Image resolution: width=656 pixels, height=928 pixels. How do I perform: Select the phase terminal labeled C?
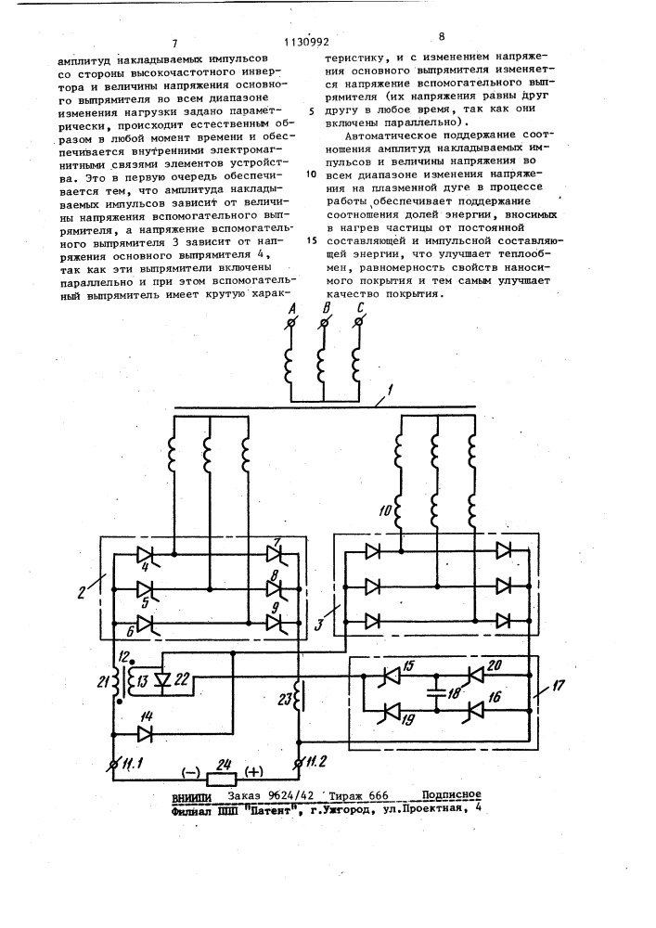pyautogui.click(x=359, y=324)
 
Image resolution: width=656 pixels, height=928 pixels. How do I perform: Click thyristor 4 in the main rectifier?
pyautogui.click(x=145, y=555)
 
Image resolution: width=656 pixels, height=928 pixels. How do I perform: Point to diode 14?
pyautogui.click(x=145, y=734)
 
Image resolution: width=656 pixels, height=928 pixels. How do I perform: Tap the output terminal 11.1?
pyautogui.click(x=114, y=764)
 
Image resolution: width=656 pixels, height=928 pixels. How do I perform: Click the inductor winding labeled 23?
pyautogui.click(x=298, y=701)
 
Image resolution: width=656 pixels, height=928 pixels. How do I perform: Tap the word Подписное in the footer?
pyautogui.click(x=450, y=795)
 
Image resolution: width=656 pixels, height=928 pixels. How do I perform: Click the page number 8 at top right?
pyautogui.click(x=442, y=37)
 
